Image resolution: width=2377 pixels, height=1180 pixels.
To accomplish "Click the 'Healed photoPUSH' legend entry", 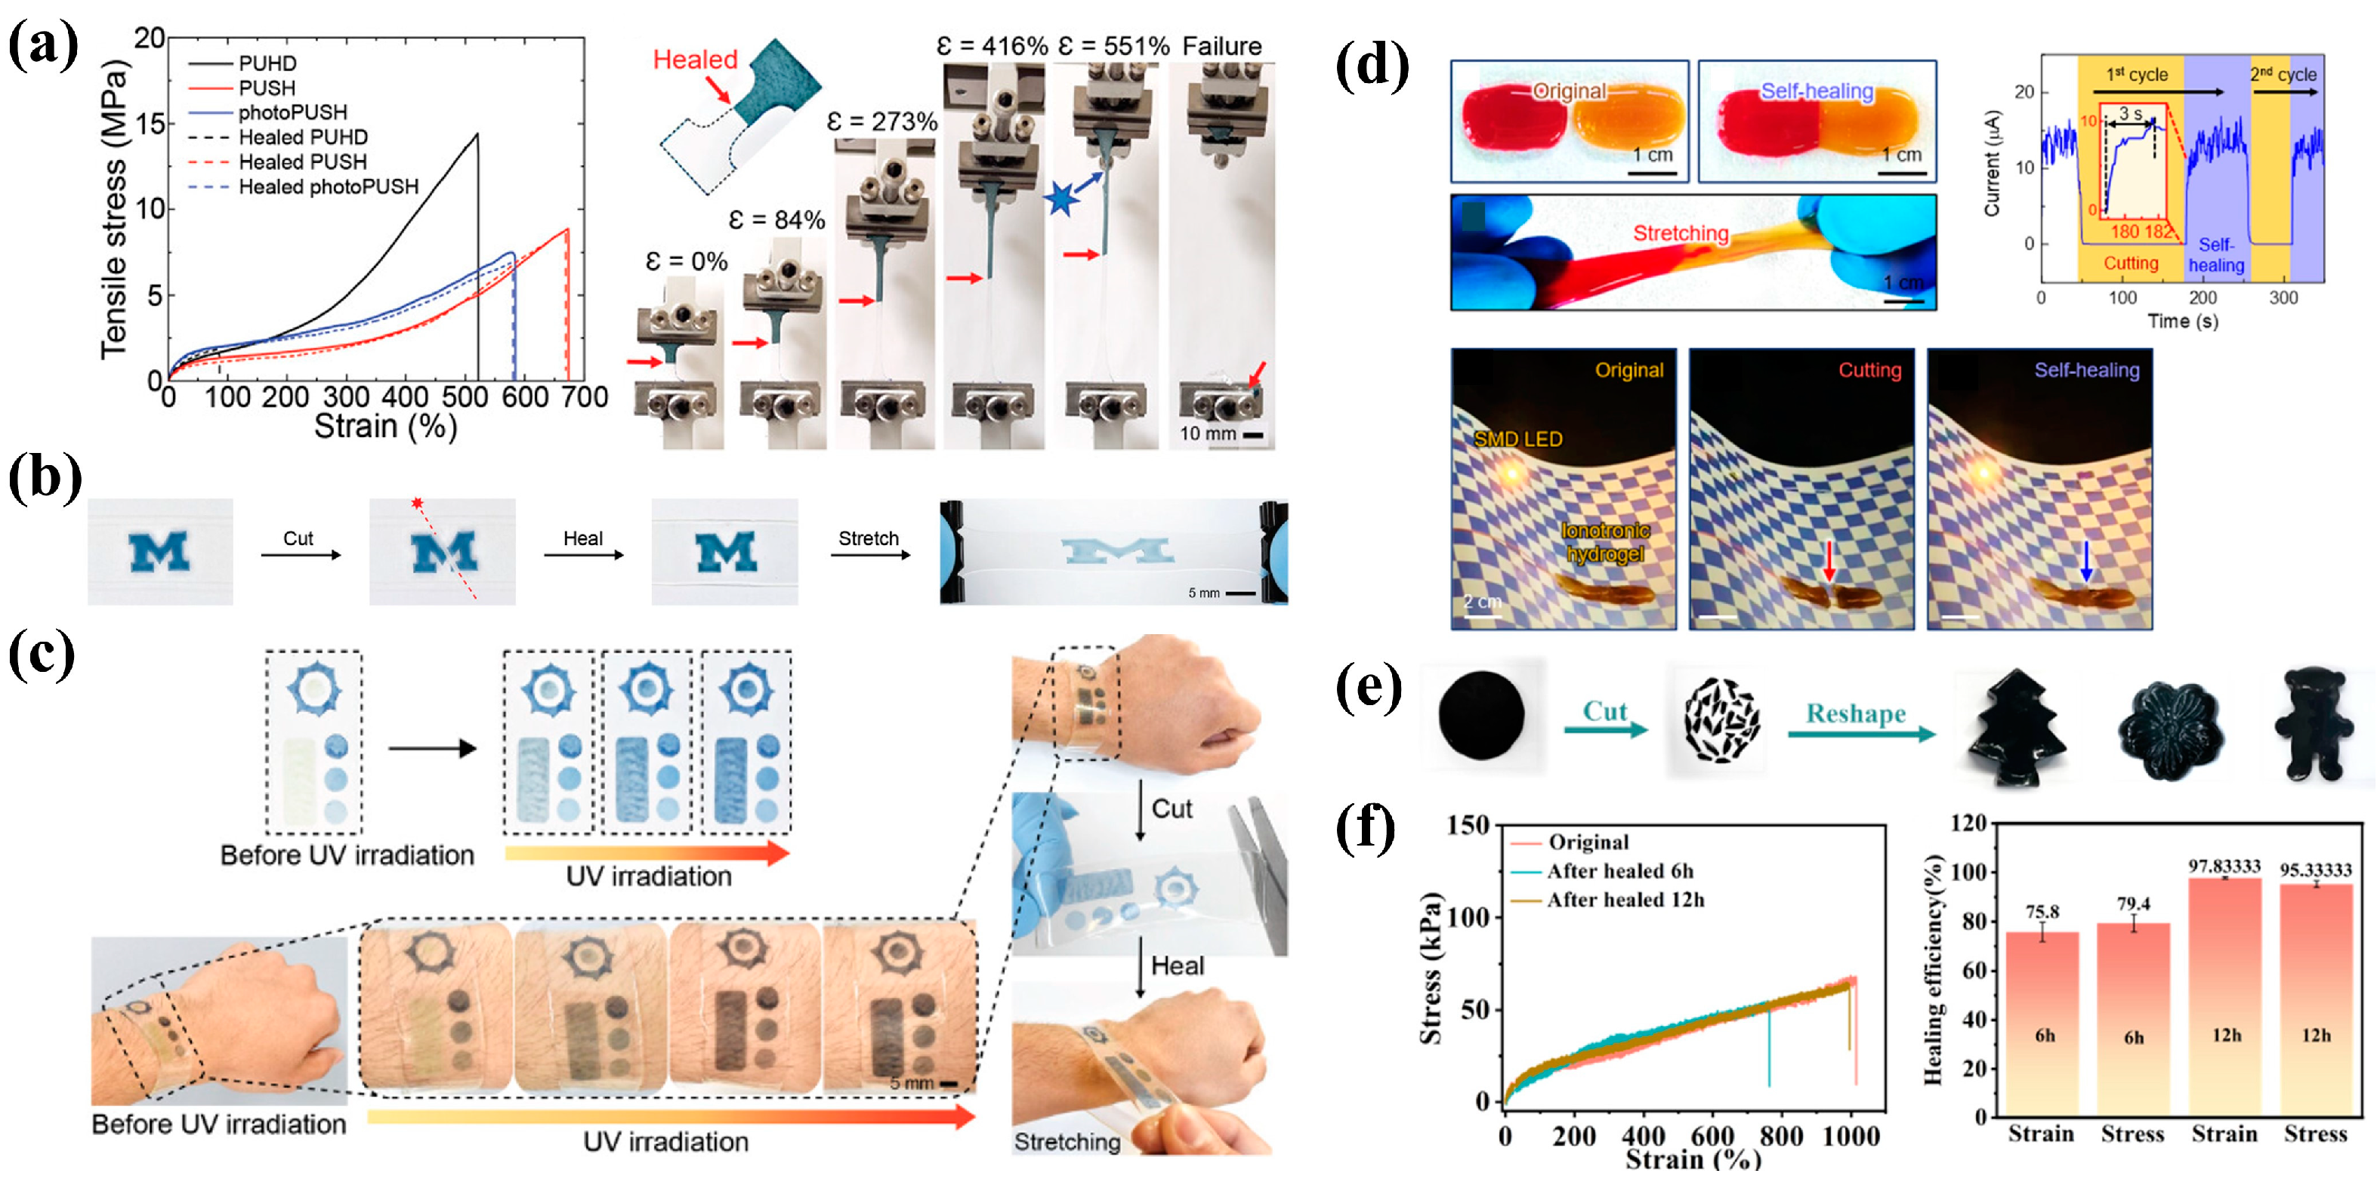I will (x=328, y=187).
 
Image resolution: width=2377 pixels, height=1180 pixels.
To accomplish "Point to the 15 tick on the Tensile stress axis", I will (x=150, y=124).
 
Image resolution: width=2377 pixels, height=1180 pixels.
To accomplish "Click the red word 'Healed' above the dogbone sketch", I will (x=695, y=60).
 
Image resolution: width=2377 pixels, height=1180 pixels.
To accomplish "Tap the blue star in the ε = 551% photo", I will (x=1061, y=199).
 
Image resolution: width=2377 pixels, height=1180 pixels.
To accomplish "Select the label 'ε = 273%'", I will (x=881, y=122).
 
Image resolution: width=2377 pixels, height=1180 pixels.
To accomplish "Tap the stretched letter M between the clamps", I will (x=1117, y=551).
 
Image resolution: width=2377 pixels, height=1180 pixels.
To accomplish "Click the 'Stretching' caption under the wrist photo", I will (x=1067, y=1142).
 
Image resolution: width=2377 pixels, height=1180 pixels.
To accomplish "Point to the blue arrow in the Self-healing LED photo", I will (x=2085, y=560).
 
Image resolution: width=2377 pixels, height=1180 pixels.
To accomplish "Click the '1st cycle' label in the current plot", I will (x=2136, y=75).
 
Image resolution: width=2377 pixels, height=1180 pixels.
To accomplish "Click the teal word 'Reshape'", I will (x=1855, y=714).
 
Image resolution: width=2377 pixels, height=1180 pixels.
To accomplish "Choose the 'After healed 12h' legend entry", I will (x=1624, y=899).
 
